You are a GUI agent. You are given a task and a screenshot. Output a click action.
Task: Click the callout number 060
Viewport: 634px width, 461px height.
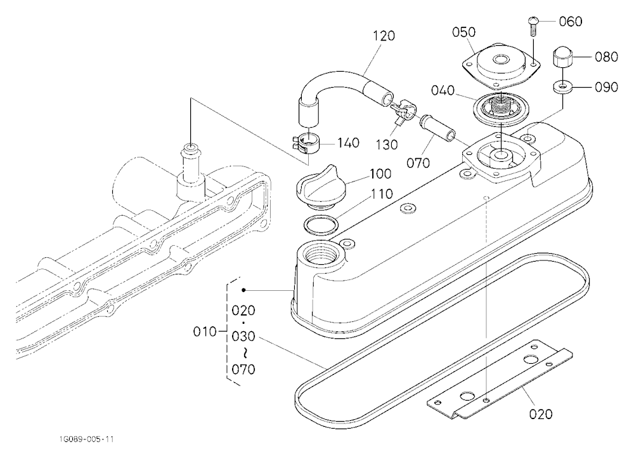pyautogui.click(x=571, y=21)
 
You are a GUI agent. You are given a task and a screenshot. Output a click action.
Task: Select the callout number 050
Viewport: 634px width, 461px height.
pyautogui.click(x=464, y=32)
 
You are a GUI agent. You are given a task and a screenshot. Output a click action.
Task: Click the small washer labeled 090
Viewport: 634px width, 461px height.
pyautogui.click(x=562, y=87)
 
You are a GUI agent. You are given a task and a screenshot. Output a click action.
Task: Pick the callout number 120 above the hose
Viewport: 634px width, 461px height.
pyautogui.click(x=384, y=36)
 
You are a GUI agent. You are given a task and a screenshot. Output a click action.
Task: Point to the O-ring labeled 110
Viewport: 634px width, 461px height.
pyautogui.click(x=320, y=225)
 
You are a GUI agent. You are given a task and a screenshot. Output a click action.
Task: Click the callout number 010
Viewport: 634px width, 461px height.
pyautogui.click(x=205, y=331)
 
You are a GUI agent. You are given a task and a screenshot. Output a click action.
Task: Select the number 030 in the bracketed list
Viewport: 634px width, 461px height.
pyautogui.click(x=243, y=337)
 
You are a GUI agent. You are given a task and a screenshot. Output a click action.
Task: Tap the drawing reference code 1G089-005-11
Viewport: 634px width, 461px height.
pyautogui.click(x=86, y=439)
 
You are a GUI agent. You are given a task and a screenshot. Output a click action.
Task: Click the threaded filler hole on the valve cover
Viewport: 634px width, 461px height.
pyautogui.click(x=320, y=254)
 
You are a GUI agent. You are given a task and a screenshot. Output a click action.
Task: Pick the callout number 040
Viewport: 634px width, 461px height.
pyautogui.click(x=443, y=90)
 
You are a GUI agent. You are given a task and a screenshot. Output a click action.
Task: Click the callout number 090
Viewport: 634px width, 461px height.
pyautogui.click(x=606, y=87)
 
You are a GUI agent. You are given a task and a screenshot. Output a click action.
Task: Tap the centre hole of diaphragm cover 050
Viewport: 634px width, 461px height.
pyautogui.click(x=501, y=60)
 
